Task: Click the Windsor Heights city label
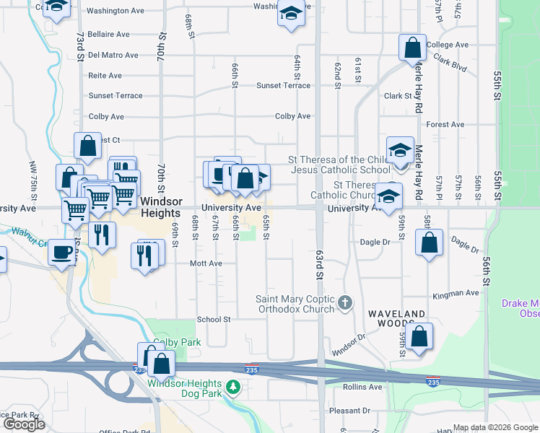pyautogui.click(x=160, y=207)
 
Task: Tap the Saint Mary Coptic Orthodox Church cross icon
pyautogui.click(x=345, y=302)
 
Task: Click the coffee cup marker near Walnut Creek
pyautogui.click(x=60, y=253)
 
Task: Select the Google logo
pyautogui.click(x=24, y=424)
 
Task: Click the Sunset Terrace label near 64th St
pyautogui.click(x=283, y=85)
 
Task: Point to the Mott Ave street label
pyautogui.click(x=206, y=264)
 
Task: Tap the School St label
pyautogui.click(x=214, y=319)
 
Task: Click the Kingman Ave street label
pyautogui.click(x=456, y=294)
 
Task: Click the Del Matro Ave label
pyautogui.click(x=113, y=55)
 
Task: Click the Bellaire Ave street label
pyautogui.click(x=108, y=34)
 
